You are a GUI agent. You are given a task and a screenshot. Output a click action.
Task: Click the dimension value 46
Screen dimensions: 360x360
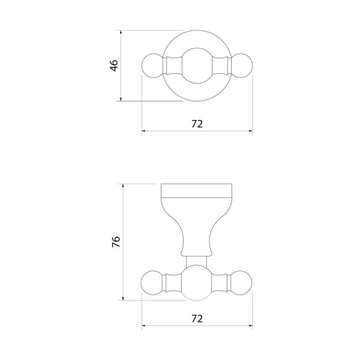114,65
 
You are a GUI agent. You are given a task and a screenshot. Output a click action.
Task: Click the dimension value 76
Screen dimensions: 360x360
116,242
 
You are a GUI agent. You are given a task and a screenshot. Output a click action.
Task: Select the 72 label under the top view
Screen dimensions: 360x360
197,124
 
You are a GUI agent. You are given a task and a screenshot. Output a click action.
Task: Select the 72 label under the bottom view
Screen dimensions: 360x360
197,319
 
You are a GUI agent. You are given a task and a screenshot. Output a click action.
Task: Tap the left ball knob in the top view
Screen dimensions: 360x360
152,65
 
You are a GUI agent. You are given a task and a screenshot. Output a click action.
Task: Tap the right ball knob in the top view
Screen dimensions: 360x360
242,65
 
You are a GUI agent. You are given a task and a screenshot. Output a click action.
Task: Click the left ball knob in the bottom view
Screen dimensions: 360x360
152,283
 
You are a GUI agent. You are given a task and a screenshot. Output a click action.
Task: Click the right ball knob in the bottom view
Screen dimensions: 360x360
241,283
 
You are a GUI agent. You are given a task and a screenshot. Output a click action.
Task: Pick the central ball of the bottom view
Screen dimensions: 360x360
197,283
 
